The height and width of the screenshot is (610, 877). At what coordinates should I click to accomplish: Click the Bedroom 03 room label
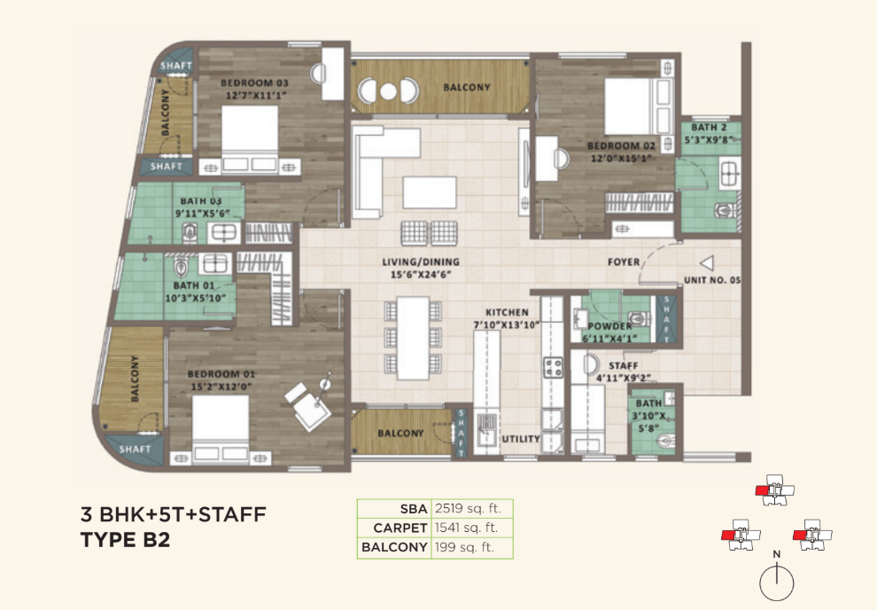tap(254, 82)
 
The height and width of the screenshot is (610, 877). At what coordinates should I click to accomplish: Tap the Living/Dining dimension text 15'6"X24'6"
tap(421, 274)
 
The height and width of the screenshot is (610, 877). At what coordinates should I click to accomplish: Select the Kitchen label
tap(507, 312)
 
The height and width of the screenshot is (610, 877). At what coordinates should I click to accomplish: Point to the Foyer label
tap(624, 262)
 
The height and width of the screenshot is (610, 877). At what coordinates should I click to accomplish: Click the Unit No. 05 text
tap(712, 280)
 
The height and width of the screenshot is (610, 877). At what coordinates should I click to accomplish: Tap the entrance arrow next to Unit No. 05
tap(707, 263)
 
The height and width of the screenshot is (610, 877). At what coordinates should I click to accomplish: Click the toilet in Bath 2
tap(725, 211)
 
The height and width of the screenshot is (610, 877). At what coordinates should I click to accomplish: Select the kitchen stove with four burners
tap(554, 368)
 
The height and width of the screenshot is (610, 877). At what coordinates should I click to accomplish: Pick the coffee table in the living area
tap(429, 192)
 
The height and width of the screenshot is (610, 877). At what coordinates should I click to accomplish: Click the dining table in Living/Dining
tap(413, 338)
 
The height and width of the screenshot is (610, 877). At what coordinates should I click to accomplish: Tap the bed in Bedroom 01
tap(221, 429)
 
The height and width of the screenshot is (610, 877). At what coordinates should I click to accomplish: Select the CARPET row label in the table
tap(400, 528)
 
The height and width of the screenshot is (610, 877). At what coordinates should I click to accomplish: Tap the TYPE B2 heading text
tap(125, 540)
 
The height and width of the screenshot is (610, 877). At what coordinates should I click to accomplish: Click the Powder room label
tap(609, 326)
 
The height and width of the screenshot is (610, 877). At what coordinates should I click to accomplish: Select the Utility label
tap(521, 439)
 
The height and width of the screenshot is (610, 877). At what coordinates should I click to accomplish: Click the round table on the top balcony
tap(388, 90)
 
